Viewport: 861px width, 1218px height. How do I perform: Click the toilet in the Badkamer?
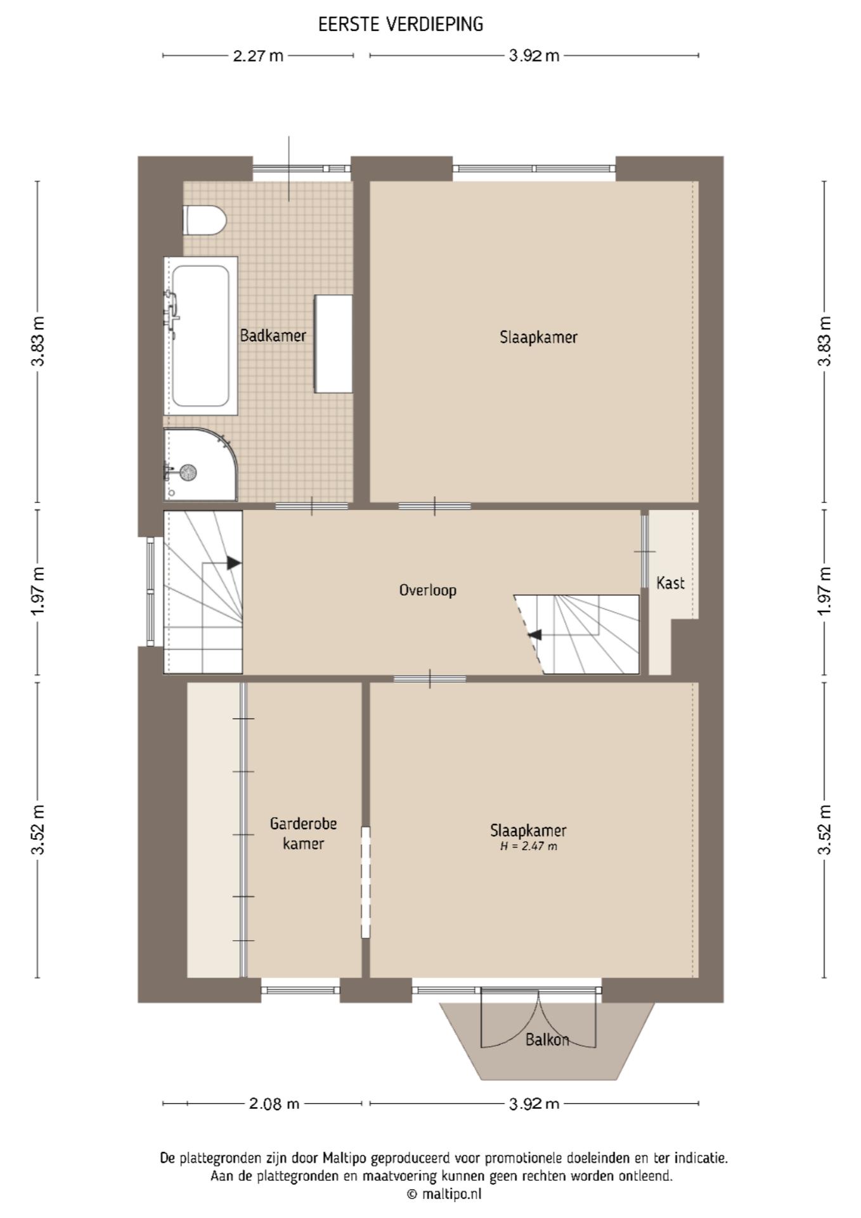point(204,220)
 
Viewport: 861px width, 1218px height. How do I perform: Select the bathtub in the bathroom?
point(200,336)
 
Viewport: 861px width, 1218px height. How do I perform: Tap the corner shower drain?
point(188,472)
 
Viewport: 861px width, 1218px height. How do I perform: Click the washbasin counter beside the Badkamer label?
point(333,344)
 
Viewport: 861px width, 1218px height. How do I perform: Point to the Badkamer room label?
point(273,336)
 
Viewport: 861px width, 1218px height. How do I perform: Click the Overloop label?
point(427,590)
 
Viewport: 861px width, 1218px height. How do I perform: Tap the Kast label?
point(670,582)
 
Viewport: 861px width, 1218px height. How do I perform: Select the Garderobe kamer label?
point(303,833)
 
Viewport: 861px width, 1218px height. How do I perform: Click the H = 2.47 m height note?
point(529,846)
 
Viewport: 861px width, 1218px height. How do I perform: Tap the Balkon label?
point(547,1040)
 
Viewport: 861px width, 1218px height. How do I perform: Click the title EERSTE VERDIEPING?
point(401,24)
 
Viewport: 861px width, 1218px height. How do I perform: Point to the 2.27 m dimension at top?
point(258,56)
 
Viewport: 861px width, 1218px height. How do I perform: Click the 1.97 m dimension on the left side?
point(39,590)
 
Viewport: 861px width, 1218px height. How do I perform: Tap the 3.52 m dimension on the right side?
point(824,830)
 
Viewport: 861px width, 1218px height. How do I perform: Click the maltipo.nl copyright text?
point(444,1194)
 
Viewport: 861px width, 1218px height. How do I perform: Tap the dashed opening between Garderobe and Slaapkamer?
point(365,882)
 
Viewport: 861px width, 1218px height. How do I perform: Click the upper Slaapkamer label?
point(538,337)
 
